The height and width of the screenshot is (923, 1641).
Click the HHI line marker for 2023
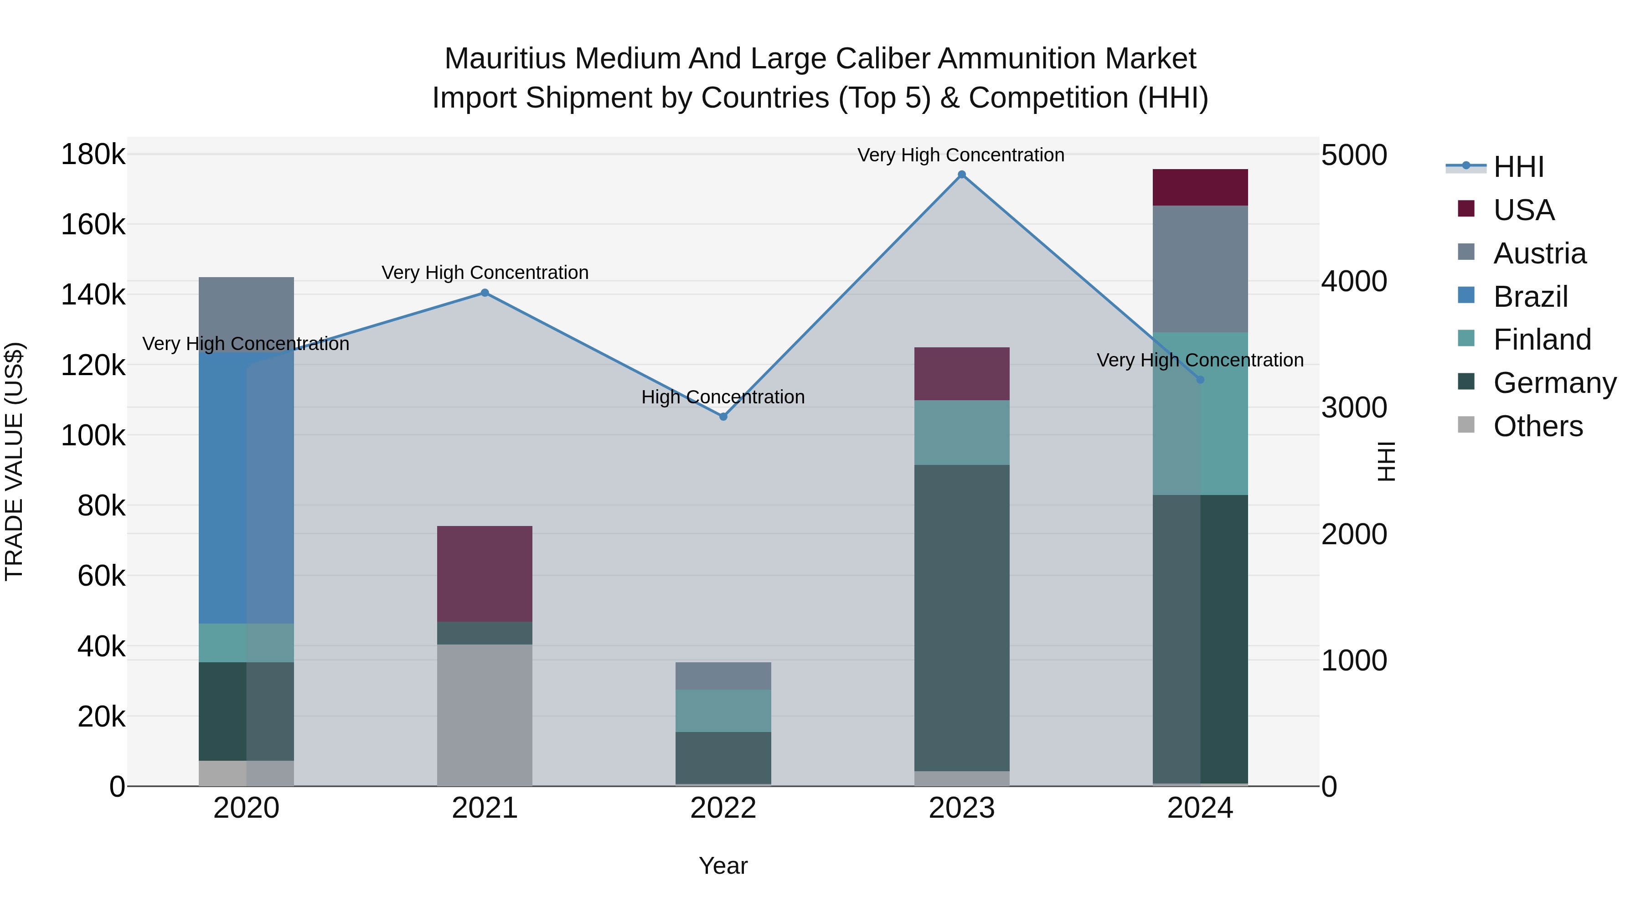coord(961,175)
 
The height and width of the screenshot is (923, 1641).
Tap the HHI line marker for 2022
coord(723,417)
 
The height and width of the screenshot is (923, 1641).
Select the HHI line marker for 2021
coord(485,293)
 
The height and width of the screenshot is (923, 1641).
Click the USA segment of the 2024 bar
coord(1200,187)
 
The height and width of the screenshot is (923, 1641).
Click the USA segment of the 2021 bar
coord(485,573)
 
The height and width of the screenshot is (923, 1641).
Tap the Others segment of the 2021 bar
coord(485,715)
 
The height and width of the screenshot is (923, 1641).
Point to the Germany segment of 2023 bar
coord(961,618)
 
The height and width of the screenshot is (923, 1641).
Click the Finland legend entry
coord(1542,340)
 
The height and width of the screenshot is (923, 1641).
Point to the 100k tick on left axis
coord(93,436)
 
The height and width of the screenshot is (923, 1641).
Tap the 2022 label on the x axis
coord(723,808)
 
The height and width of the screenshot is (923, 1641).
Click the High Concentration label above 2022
coord(723,397)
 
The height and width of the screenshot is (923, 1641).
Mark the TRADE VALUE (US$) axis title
coord(14,461)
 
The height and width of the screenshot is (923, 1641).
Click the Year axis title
coord(723,866)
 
